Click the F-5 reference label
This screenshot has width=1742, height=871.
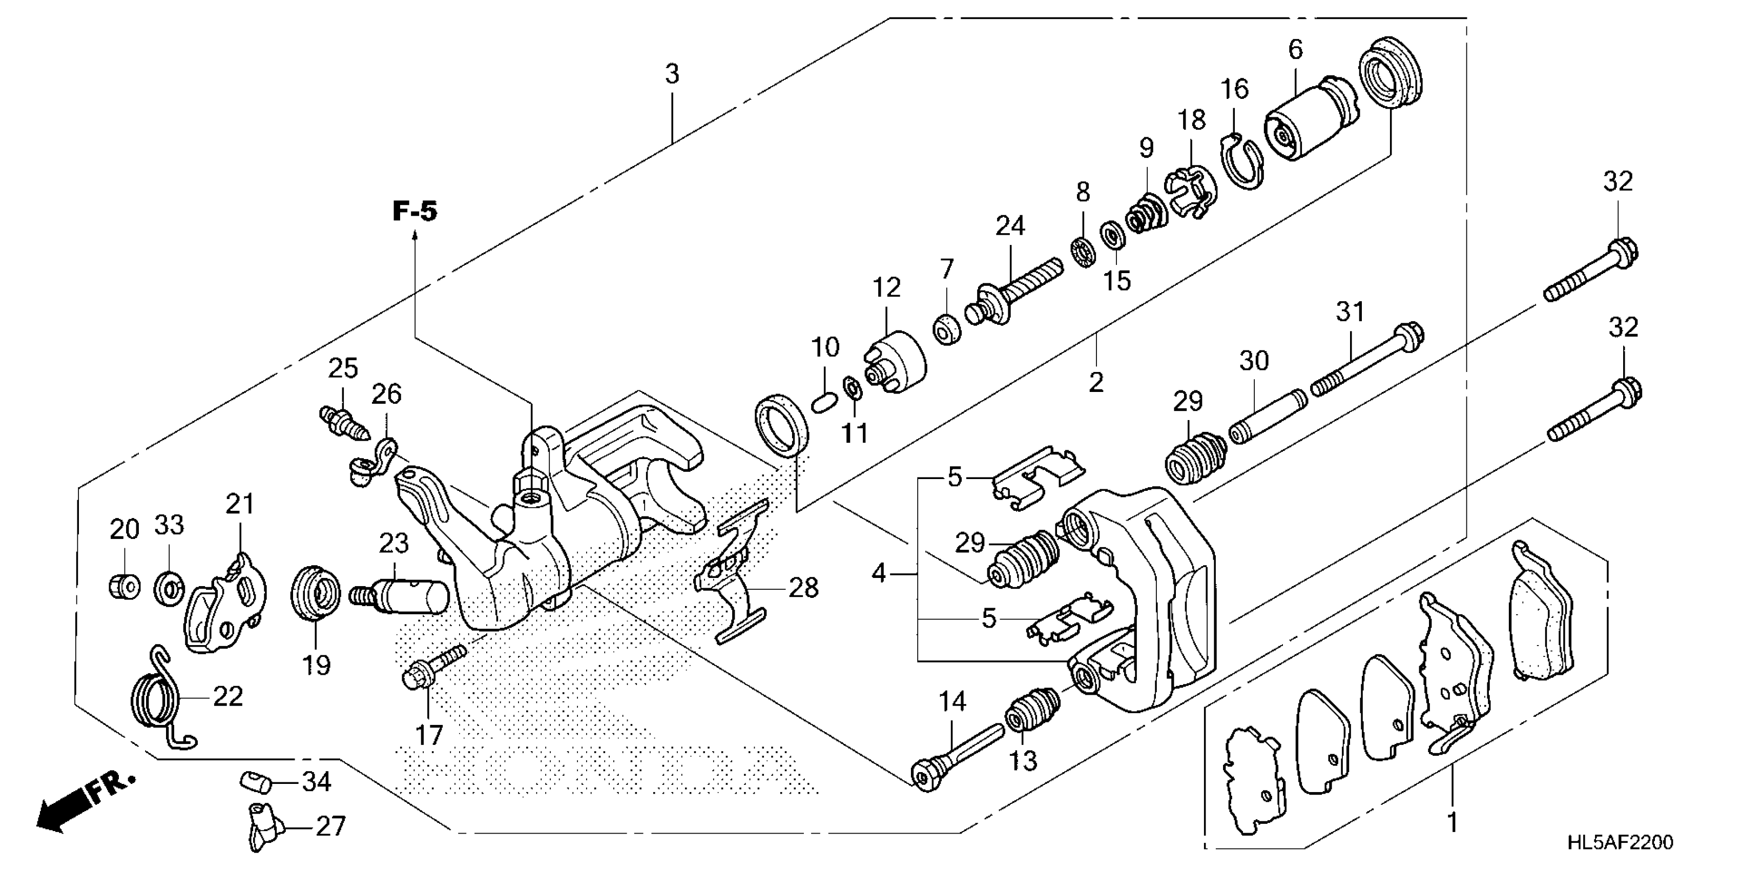pyautogui.click(x=414, y=211)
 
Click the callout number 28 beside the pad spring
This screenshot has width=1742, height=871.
pyautogui.click(x=803, y=588)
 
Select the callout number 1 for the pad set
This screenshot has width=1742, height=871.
pyautogui.click(x=1451, y=823)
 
